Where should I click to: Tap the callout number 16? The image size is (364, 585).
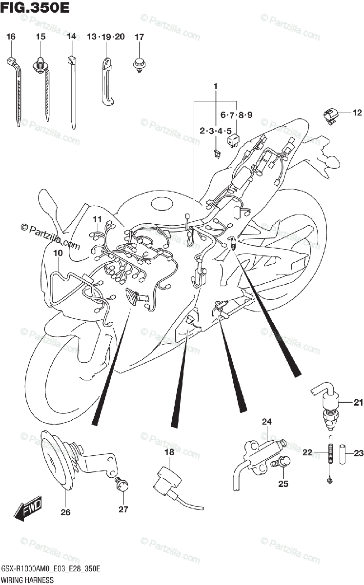pyautogui.click(x=11, y=37)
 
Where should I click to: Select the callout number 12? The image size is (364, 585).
pyautogui.click(x=357, y=113)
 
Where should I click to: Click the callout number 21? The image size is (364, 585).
pyautogui.click(x=359, y=403)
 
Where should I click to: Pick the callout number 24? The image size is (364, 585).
pyautogui.click(x=266, y=422)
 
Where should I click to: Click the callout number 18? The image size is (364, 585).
pyautogui.click(x=169, y=453)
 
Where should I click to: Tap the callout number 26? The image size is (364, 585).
pyautogui.click(x=65, y=512)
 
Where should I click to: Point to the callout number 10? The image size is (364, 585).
pyautogui.click(x=58, y=253)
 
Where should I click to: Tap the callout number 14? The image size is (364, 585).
pyautogui.click(x=72, y=37)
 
